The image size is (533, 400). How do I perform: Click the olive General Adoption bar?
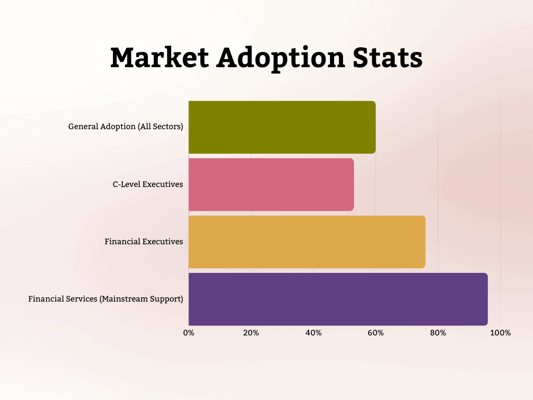[x=282, y=127]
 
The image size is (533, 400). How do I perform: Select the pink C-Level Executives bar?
[x=271, y=184]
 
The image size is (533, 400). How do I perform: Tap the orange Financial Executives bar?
[x=307, y=242]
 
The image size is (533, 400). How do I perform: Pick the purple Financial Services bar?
[x=338, y=299]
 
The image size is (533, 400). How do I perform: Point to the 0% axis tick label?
[x=188, y=333]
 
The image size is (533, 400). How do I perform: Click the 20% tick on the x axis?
[x=251, y=333]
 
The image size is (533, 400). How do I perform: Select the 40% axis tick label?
[x=313, y=333]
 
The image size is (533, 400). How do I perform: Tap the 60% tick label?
[x=376, y=333]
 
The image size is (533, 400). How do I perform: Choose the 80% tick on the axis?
[x=438, y=333]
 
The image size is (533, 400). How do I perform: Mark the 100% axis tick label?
[x=501, y=333]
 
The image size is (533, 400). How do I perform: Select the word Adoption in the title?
[x=281, y=58]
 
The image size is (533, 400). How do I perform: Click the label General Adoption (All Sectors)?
[x=125, y=127]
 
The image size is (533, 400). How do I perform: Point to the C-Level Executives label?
[x=148, y=184]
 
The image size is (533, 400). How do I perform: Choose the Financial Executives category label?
[x=144, y=242]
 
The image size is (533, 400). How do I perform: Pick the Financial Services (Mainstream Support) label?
[x=106, y=299]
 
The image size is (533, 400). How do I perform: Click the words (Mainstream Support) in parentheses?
[x=141, y=299]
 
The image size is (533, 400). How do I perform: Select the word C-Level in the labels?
[x=126, y=184]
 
